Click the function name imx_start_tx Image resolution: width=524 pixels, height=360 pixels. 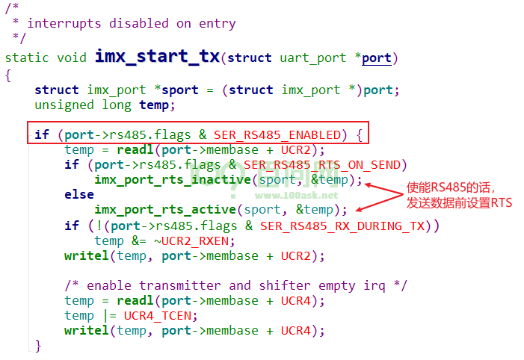(x=158, y=57)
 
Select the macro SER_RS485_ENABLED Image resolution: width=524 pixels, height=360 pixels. (x=277, y=135)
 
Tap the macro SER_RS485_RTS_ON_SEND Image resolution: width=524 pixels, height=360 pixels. (x=322, y=165)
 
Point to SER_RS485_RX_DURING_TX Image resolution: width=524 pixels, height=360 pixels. (x=342, y=226)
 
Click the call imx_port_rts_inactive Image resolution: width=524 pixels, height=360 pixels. (x=173, y=180)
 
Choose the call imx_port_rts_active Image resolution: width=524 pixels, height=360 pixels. (x=165, y=210)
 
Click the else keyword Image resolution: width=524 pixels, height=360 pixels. (x=79, y=194)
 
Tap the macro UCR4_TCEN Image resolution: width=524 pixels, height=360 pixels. (x=158, y=316)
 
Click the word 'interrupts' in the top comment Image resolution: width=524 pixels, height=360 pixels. (x=64, y=23)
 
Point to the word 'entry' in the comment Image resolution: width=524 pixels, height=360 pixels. (x=218, y=24)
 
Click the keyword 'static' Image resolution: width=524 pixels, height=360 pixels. (x=27, y=58)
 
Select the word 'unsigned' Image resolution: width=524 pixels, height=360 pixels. (x=64, y=105)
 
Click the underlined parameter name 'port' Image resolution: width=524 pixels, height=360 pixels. (x=377, y=58)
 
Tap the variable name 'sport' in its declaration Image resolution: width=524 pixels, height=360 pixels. (x=180, y=90)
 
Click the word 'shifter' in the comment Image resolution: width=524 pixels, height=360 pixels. (x=285, y=286)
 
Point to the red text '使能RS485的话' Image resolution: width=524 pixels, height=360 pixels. (x=449, y=187)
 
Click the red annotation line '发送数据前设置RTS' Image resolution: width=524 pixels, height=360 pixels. (x=459, y=202)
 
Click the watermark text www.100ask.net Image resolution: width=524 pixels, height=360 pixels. (x=296, y=196)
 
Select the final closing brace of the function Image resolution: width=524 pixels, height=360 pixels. (x=38, y=346)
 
